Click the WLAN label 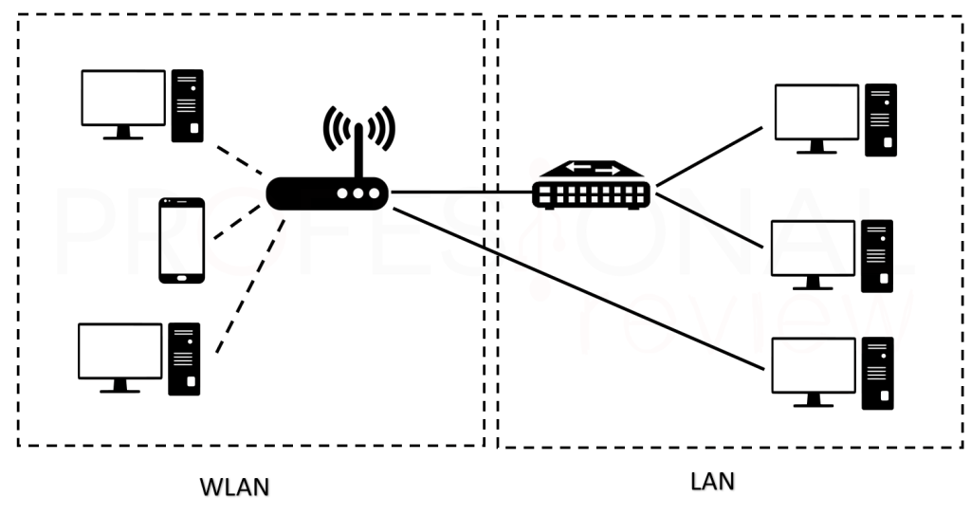[x=234, y=487]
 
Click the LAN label [x=711, y=482]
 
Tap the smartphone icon [x=181, y=240]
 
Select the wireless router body [x=327, y=193]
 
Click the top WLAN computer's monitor [x=123, y=99]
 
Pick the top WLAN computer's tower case [x=187, y=105]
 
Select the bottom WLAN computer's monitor [x=119, y=352]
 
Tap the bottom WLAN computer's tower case [x=184, y=359]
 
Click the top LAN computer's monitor [x=816, y=113]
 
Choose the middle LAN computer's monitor [x=813, y=248]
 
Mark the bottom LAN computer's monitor [x=815, y=366]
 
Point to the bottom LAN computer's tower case [x=877, y=373]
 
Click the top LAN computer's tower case [x=880, y=120]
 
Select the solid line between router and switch [x=461, y=193]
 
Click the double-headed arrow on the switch [x=591, y=170]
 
